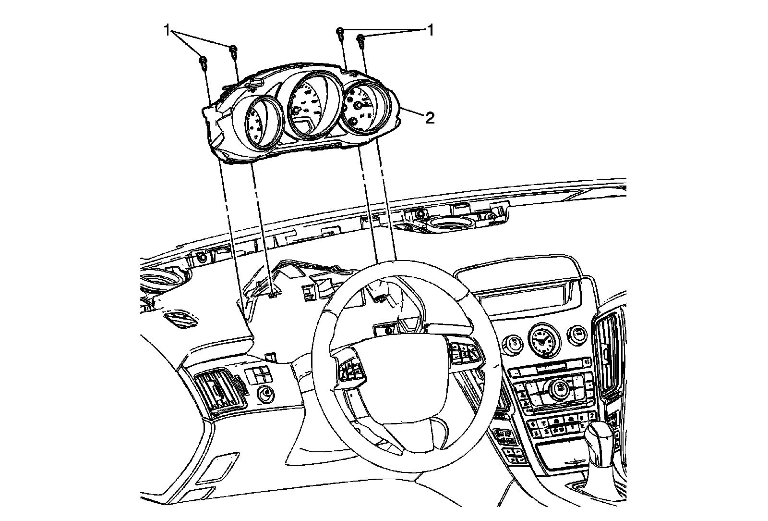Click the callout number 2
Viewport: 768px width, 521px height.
coord(430,117)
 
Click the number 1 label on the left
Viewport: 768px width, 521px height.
coord(168,31)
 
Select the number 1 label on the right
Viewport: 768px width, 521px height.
coord(431,31)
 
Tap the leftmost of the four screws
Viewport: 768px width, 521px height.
coord(203,61)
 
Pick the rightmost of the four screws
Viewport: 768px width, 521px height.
coord(360,39)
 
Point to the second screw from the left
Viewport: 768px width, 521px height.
coord(233,50)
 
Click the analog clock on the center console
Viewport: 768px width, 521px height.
coord(543,340)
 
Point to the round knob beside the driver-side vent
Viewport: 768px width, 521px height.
coord(264,394)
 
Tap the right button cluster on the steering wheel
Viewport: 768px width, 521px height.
coord(464,352)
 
